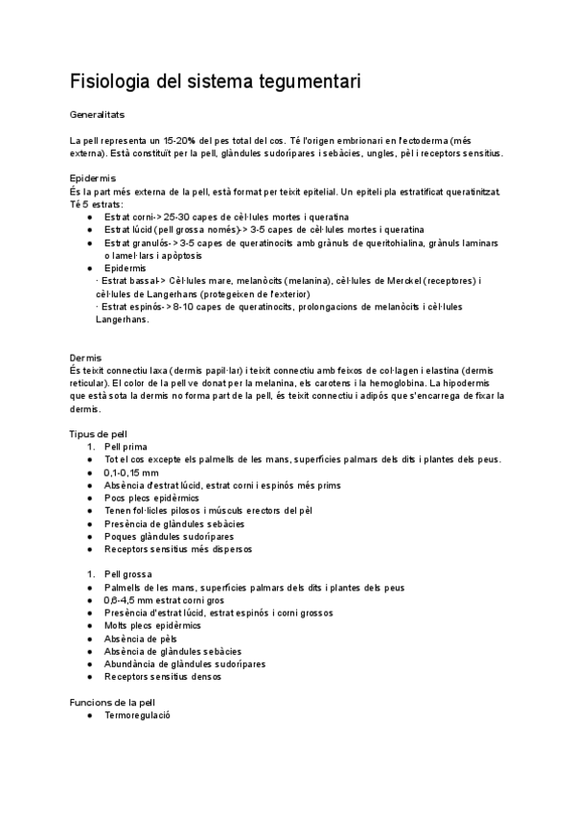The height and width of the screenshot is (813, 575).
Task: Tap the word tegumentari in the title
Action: [302, 82]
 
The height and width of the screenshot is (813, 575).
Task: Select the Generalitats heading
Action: [99, 114]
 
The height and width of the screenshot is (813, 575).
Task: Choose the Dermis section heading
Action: [85, 358]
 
